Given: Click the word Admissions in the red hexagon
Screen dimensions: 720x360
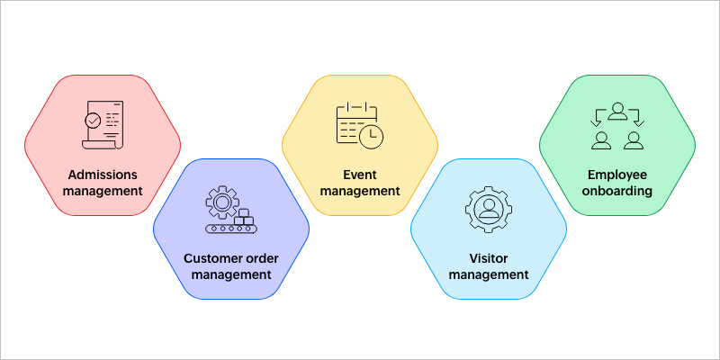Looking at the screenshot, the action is point(103,175).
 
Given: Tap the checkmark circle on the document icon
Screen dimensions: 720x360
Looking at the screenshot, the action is point(94,121).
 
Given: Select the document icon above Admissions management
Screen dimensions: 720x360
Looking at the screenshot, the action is point(103,125).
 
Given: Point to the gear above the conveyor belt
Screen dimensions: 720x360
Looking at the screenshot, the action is point(221,202).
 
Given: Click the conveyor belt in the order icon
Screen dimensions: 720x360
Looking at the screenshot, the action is point(231,229).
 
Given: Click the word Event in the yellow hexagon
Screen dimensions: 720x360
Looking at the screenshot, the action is point(360,175).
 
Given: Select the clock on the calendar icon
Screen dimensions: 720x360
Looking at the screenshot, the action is point(371,137).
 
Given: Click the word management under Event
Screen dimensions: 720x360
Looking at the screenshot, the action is point(360,191).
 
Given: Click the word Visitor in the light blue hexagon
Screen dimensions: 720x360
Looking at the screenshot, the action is point(489,258).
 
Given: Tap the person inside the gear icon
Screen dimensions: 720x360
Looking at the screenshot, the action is point(488,208).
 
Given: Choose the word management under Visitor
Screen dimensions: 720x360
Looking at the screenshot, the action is point(489,275).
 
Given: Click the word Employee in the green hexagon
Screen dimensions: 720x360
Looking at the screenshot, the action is point(617,175).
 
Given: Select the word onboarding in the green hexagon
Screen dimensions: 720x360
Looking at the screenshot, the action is point(617,191).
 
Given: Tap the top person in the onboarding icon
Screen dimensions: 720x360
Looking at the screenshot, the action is point(617,112).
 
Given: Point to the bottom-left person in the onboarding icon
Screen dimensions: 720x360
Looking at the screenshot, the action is point(601,140).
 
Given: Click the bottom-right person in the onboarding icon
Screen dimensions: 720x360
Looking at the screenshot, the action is point(634,140).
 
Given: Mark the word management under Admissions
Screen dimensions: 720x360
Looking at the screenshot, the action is point(103,191).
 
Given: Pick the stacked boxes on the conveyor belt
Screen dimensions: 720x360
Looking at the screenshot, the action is point(244,217).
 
